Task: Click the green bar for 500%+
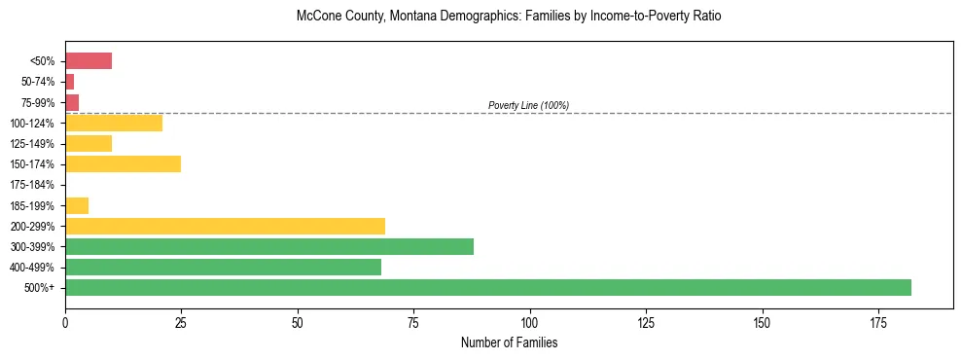487,287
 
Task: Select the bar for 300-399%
269,246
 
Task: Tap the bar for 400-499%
223,267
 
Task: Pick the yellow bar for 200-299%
225,226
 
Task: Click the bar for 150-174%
123,163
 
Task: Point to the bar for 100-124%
114,123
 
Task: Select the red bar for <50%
89,61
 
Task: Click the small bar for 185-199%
77,205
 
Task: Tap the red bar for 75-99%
72,102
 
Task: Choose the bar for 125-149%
89,143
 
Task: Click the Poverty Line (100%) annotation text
528,105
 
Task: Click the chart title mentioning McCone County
509,17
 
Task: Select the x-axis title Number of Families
509,342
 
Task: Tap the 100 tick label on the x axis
529,321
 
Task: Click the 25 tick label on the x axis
181,321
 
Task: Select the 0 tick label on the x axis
65,321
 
